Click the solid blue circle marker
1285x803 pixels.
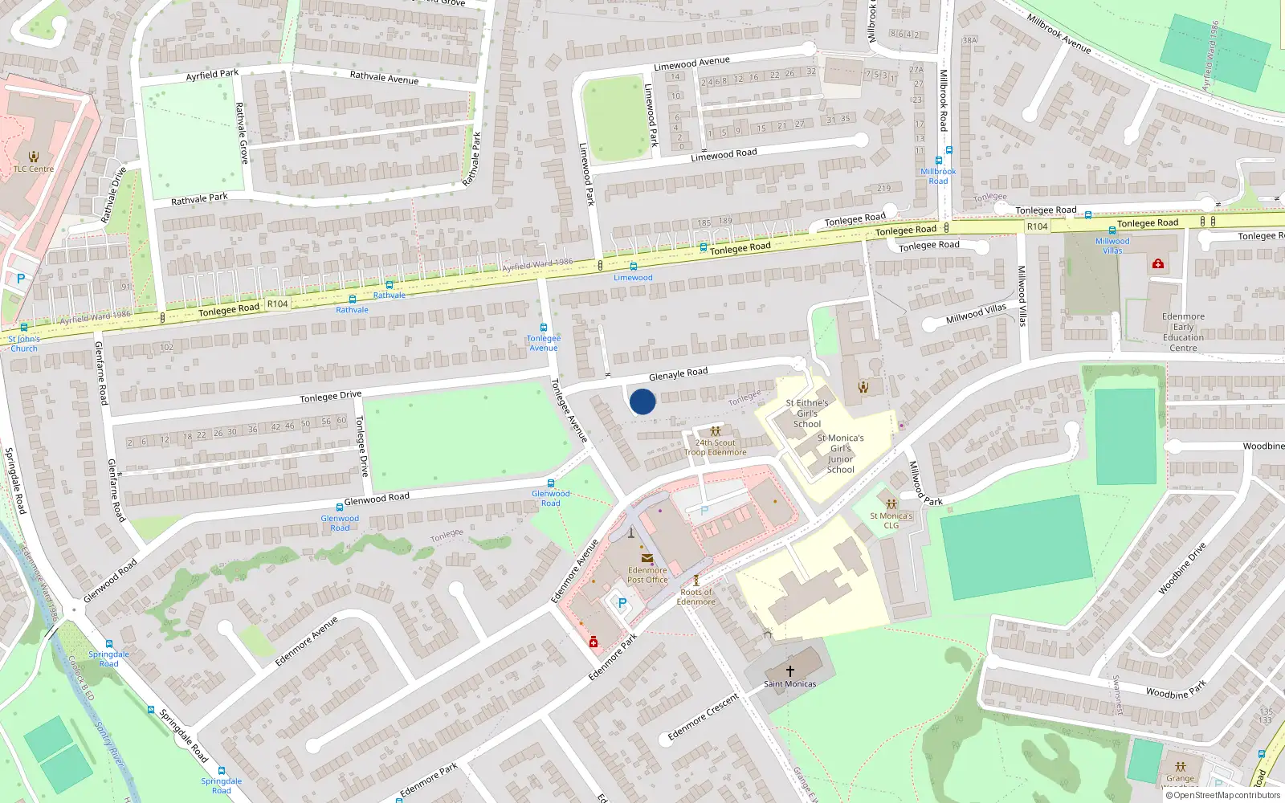(642, 401)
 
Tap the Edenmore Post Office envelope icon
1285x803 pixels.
(647, 558)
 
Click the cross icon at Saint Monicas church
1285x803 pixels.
(790, 671)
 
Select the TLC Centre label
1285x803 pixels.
(34, 169)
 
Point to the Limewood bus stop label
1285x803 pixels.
(633, 278)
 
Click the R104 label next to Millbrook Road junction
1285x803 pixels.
(1037, 226)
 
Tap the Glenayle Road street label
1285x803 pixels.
(678, 373)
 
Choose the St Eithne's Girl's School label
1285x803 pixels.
(806, 414)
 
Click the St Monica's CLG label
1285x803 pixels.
(891, 520)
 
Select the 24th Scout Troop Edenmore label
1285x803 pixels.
(715, 447)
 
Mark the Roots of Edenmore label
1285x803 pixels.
(696, 597)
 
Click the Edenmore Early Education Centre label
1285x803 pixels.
(1183, 332)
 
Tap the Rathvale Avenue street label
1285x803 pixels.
(384, 77)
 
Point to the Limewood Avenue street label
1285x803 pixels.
(691, 63)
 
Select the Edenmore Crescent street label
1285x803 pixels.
(703, 716)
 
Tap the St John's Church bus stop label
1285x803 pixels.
(23, 344)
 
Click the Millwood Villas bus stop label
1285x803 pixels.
(1112, 245)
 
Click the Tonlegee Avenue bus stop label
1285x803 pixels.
(544, 343)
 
